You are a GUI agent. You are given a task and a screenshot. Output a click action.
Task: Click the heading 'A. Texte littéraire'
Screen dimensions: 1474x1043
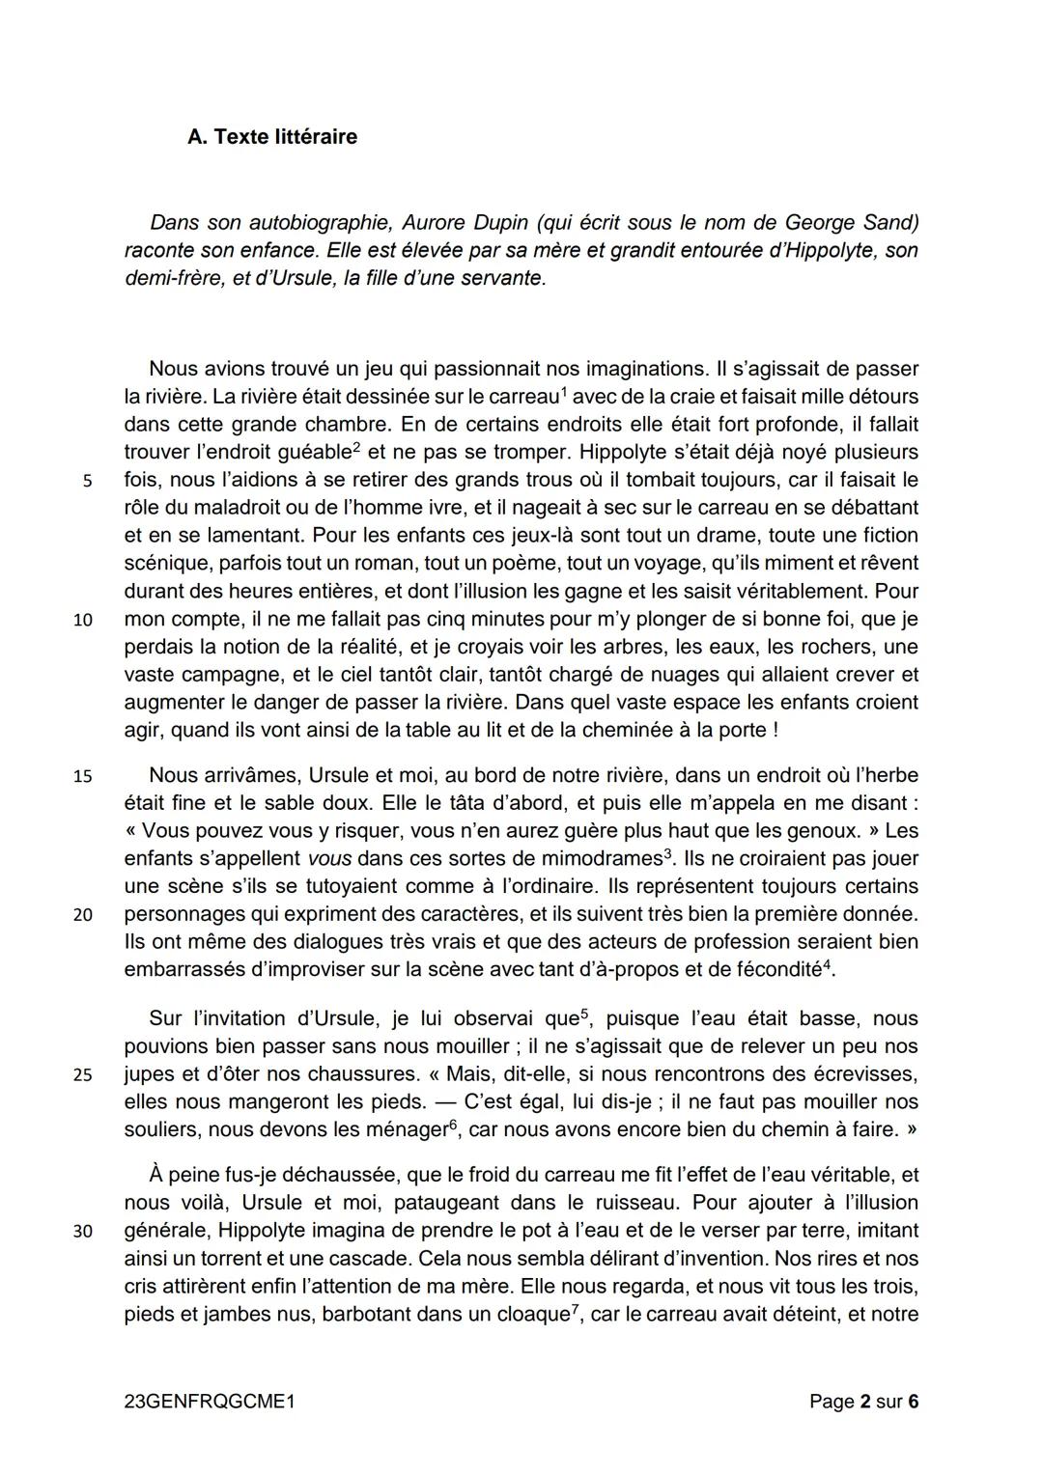272,137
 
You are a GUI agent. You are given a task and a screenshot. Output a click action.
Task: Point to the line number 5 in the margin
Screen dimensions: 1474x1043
87,481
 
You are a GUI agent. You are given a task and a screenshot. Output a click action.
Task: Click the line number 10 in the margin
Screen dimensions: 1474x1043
83,620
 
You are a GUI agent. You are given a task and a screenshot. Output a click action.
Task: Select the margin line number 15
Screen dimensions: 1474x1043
83,776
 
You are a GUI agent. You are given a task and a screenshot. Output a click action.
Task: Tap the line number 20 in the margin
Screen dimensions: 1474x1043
83,915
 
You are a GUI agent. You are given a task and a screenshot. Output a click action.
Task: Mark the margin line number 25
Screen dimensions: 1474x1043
83,1074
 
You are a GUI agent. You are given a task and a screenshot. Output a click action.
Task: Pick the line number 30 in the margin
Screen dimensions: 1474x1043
83,1232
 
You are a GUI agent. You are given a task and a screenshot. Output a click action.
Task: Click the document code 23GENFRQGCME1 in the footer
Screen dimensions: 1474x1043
210,1402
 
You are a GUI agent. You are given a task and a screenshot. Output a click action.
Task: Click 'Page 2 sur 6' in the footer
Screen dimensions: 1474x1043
863,1402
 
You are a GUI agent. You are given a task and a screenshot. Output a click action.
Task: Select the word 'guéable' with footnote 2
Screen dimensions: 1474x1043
309,453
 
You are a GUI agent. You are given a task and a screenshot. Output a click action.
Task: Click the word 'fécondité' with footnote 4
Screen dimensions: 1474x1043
778,970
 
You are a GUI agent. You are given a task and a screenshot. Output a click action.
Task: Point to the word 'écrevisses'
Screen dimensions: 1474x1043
866,1074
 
